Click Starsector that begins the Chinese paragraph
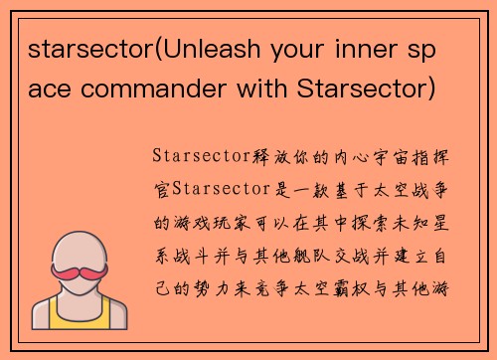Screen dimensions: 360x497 [199, 156]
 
